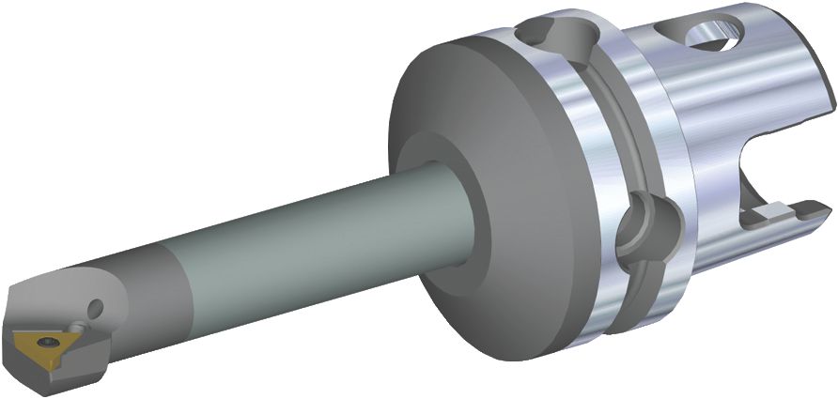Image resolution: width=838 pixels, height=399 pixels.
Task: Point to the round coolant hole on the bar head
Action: (94, 307)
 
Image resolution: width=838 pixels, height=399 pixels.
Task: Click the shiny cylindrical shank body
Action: (714, 113)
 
